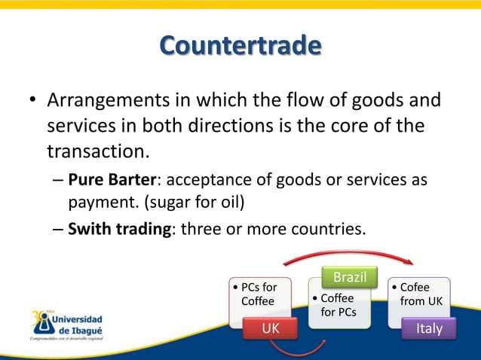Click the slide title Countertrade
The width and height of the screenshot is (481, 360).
[240, 47]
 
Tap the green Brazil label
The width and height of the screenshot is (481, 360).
[350, 277]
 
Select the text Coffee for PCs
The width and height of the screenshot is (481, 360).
[336, 305]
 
